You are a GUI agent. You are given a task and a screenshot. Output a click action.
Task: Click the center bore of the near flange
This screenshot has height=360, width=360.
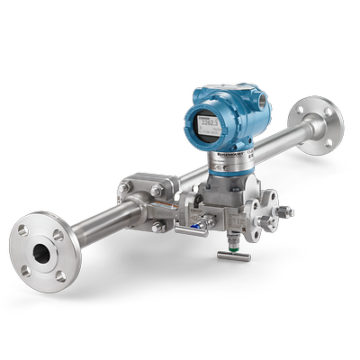(42, 253)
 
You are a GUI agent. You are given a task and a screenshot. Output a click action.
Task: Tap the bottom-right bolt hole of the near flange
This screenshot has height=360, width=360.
(61, 275)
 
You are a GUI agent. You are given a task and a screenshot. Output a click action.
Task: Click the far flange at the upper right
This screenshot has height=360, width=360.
(319, 121)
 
